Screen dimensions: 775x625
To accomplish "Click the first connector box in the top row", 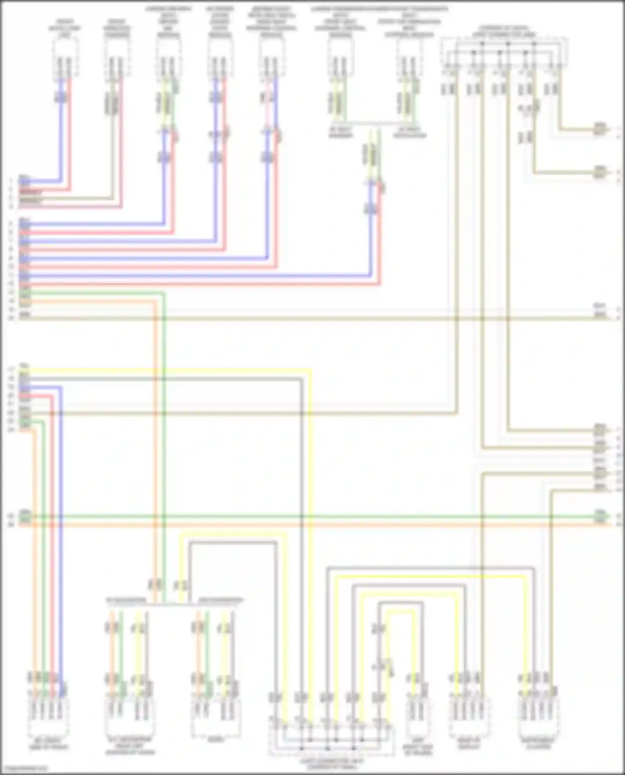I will (65, 58).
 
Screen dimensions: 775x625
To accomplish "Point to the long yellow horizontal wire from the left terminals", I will (167, 369).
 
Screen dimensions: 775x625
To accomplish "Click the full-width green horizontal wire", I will (312, 517).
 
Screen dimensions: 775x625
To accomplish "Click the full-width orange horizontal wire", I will (312, 525).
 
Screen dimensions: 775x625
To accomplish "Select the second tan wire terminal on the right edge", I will (600, 172).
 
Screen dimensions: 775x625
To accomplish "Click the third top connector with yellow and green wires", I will (168, 58).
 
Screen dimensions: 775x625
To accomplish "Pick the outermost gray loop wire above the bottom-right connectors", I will (429, 568).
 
